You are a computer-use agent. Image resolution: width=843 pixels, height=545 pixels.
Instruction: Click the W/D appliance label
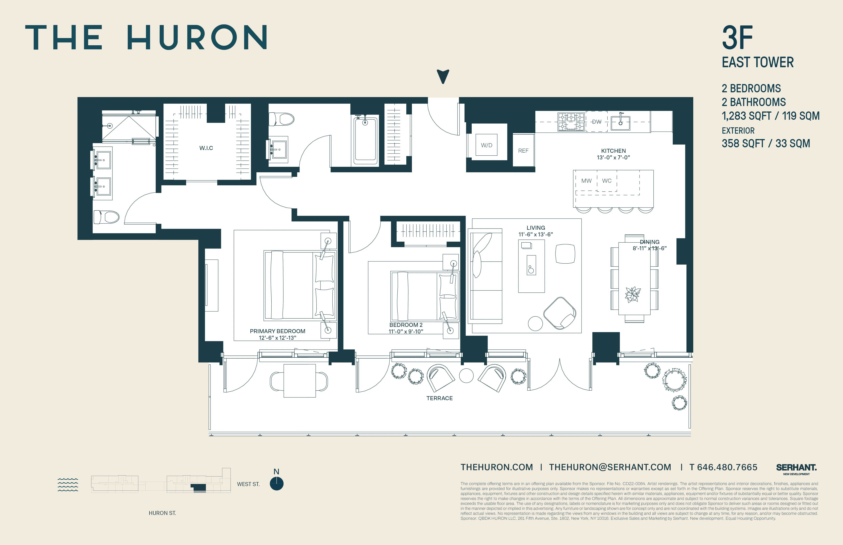coord(486,145)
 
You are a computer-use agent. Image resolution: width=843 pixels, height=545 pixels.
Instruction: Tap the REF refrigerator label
coord(523,151)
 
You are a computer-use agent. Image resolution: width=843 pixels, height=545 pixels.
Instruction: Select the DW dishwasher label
coord(597,122)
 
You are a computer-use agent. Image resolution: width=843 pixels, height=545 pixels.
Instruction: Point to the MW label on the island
coord(586,181)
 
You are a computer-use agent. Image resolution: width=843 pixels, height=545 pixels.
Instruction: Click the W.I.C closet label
coord(206,148)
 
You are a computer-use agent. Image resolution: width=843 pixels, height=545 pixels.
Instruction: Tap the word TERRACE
coord(439,398)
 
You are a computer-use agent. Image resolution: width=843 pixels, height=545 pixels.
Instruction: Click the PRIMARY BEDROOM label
coord(277,331)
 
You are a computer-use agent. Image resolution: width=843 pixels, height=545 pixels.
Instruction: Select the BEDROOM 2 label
coord(406,325)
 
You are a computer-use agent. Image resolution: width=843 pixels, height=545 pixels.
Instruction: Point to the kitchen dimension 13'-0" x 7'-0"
coord(613,158)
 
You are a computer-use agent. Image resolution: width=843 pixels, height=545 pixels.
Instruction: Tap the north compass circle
coord(277,483)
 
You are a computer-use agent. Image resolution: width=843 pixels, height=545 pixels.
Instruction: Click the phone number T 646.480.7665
coord(723,467)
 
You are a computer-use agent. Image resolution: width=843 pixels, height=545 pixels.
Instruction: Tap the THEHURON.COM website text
coord(497,467)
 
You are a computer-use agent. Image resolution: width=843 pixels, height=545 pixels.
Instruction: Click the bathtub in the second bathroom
coord(365,140)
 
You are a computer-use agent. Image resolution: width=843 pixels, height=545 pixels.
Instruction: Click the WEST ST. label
coord(248,484)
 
